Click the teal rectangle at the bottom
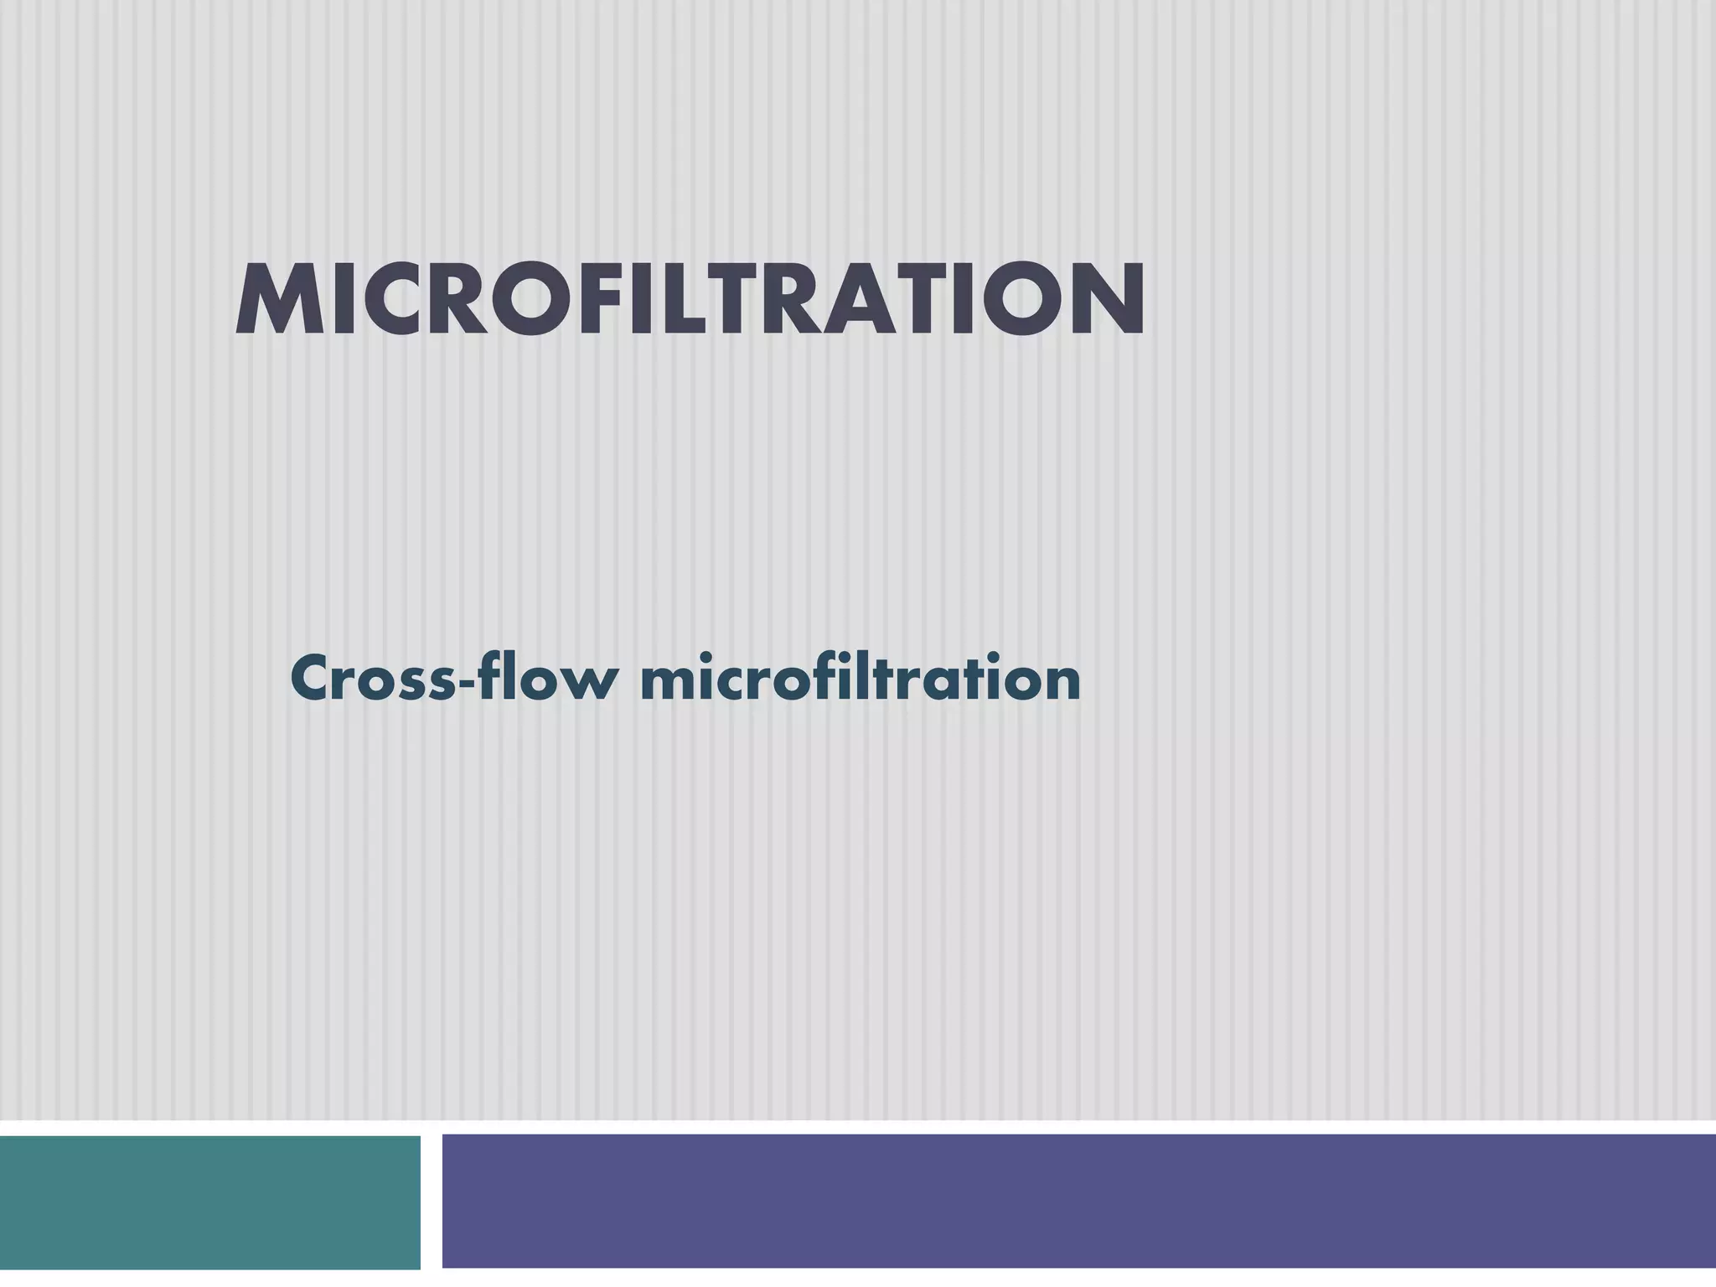[x=209, y=1202]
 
